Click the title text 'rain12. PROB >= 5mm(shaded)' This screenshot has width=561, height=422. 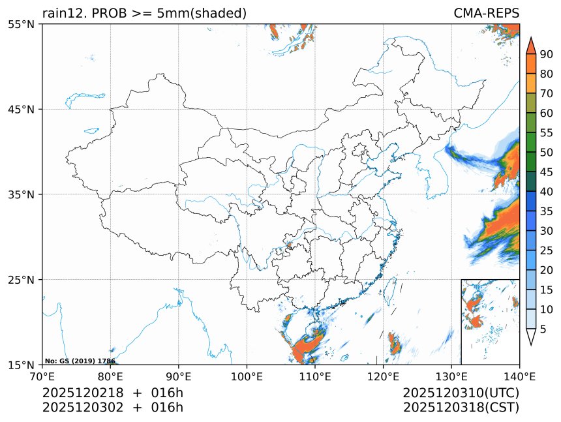pos(144,13)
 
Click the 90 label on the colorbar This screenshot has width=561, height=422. pos(546,54)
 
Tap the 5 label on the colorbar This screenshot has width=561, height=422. pos(543,329)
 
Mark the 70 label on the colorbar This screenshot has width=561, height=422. pos(546,93)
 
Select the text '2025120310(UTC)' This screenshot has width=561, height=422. pos(461,393)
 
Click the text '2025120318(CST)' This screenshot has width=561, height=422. pos(461,408)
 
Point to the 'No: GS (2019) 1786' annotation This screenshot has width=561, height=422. pos(80,361)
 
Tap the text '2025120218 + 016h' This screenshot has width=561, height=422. pos(112,393)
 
